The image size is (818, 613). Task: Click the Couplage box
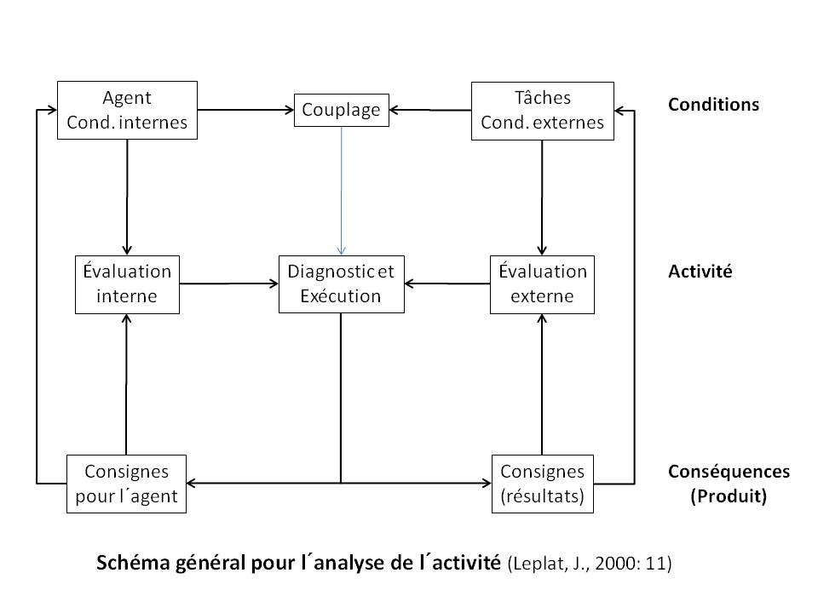pos(342,110)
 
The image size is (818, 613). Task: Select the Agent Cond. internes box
pos(127,110)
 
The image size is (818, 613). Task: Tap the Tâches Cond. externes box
pos(543,111)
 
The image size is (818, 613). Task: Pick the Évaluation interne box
pos(127,284)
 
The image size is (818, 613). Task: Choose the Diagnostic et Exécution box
pos(342,284)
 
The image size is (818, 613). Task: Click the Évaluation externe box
pos(542,284)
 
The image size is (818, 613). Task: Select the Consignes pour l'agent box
pos(126,484)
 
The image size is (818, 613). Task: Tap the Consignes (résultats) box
pos(543,484)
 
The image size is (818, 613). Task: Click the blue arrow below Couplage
pos(342,191)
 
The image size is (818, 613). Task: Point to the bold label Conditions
pos(714,105)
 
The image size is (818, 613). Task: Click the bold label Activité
pos(700,271)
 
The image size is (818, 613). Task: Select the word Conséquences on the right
pos(729,471)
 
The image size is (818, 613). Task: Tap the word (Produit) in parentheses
pos(729,496)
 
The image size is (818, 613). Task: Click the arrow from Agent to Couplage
pos(245,110)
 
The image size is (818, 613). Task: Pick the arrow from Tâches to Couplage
pos(430,110)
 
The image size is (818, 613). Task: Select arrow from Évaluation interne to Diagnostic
pos(229,284)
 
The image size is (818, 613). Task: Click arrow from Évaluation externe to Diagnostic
pos(447,284)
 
